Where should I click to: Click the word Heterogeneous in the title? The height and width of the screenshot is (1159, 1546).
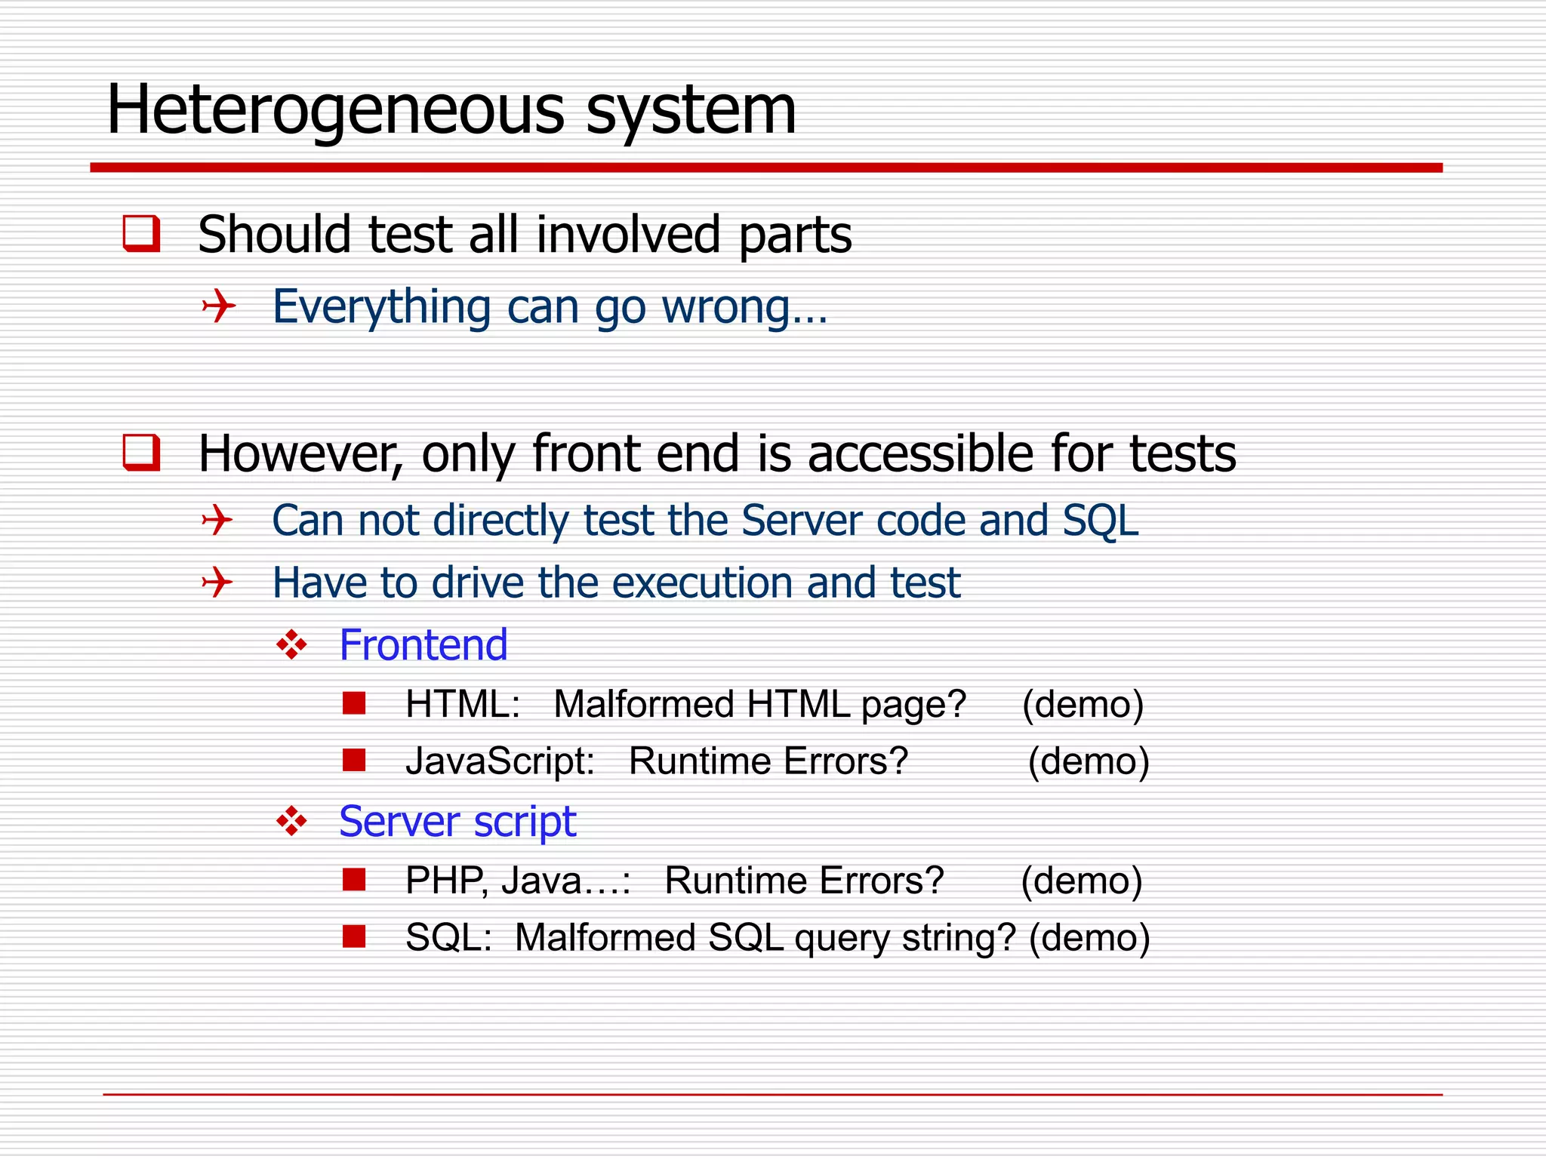pyautogui.click(x=336, y=111)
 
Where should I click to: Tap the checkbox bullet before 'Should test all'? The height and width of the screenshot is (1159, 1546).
pyautogui.click(x=142, y=233)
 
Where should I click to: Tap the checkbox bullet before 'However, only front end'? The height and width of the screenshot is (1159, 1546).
pyautogui.click(x=142, y=453)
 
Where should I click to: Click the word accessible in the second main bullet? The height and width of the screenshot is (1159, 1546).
pyautogui.click(x=922, y=454)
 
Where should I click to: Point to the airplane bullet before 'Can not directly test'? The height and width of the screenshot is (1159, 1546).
pyautogui.click(x=217, y=521)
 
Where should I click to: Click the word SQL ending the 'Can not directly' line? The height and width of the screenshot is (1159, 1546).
pyautogui.click(x=1100, y=521)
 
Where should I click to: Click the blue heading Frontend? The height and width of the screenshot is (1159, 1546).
pyautogui.click(x=423, y=646)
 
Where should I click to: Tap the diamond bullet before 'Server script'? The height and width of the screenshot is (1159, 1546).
pyautogui.click(x=291, y=821)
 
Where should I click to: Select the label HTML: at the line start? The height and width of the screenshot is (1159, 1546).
pyautogui.click(x=463, y=705)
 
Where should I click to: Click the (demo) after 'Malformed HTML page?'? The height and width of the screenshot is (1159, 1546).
pyautogui.click(x=1083, y=705)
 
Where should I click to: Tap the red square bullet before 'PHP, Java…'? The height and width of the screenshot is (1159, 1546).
pyautogui.click(x=354, y=880)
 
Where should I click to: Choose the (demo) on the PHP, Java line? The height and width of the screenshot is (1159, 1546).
pyautogui.click(x=1081, y=881)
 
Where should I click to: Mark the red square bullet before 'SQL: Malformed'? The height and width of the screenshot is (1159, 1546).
pyautogui.click(x=354, y=936)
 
